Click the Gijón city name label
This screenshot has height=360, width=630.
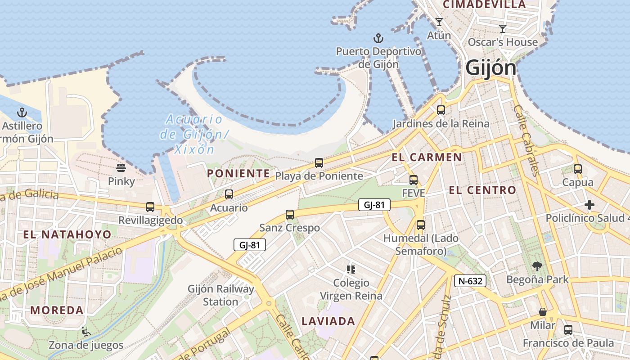(491, 68)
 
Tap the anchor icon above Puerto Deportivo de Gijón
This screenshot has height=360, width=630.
(378, 38)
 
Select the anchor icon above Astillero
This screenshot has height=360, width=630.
(22, 112)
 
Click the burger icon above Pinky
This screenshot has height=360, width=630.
(121, 168)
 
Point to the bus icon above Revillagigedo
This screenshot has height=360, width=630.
(150, 207)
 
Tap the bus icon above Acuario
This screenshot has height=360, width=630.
(229, 194)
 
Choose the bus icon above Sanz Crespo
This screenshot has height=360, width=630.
(290, 215)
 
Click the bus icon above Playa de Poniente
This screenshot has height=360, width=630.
(319, 162)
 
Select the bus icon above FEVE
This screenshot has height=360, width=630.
(414, 180)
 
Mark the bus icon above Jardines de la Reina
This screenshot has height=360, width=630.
(441, 110)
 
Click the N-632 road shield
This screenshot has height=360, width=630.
(470, 281)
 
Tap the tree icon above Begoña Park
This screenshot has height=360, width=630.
(537, 266)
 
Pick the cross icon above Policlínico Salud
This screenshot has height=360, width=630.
(589, 205)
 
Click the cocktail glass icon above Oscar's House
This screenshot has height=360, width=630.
(503, 29)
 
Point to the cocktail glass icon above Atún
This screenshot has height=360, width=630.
(439, 22)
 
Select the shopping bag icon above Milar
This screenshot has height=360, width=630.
(543, 312)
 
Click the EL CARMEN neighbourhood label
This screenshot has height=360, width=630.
(427, 157)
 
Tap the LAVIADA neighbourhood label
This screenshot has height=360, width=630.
(328, 321)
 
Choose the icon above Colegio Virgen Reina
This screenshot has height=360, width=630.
(351, 270)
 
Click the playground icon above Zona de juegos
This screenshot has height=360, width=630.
(85, 332)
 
